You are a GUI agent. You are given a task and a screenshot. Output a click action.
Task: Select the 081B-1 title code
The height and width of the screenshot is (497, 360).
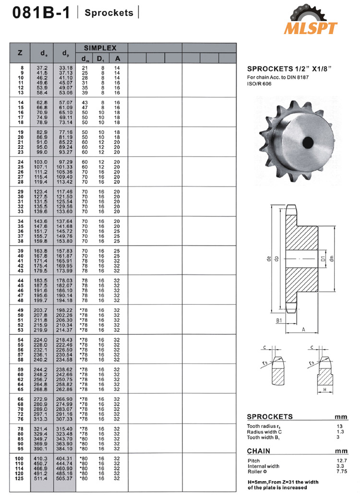40,13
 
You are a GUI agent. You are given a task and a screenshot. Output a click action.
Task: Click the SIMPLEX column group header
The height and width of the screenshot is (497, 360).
100,48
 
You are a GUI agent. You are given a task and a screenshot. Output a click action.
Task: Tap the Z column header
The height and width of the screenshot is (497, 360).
20,53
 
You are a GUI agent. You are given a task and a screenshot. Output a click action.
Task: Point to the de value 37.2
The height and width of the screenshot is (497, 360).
42,68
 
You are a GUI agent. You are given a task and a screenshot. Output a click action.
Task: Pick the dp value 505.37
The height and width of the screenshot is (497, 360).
64,478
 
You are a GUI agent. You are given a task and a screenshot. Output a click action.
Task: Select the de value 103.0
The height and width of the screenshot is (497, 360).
42,163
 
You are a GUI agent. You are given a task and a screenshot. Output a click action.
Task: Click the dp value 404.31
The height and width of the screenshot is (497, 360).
64,459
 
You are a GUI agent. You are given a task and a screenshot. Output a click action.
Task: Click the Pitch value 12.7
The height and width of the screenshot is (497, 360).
341,461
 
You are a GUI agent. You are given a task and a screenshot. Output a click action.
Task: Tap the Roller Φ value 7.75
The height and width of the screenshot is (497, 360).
341,472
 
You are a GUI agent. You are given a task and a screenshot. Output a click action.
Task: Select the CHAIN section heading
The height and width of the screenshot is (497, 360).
258,451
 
